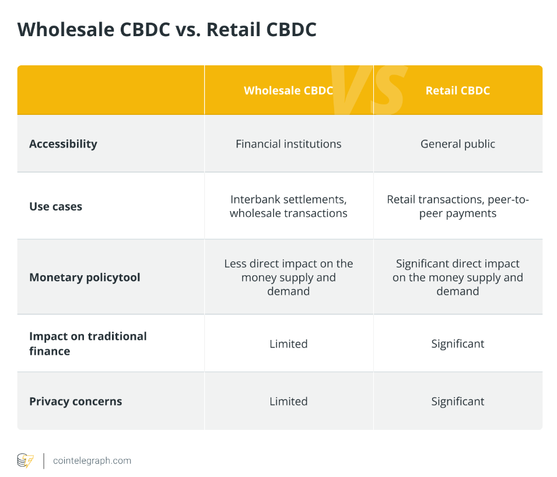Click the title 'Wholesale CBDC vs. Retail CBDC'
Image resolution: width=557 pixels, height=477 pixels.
[167, 30]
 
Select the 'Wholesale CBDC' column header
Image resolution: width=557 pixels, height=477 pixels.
[289, 90]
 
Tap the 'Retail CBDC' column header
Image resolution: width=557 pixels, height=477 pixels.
[457, 90]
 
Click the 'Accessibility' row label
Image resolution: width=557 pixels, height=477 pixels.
[63, 144]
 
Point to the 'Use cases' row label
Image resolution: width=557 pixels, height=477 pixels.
[56, 206]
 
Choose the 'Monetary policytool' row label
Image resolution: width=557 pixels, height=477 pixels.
[85, 278]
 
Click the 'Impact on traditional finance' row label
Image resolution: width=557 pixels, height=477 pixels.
[88, 343]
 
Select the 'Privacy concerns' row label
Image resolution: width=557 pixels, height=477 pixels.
[76, 401]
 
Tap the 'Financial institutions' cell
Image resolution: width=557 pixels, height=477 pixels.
[289, 144]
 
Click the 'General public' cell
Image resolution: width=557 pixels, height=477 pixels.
[457, 144]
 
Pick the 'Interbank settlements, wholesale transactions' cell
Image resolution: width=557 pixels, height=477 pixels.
[289, 206]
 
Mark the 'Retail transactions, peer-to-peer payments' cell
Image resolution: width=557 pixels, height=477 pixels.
[457, 206]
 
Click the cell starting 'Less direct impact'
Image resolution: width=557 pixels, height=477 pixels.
[289, 278]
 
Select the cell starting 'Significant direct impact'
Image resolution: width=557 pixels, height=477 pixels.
[457, 278]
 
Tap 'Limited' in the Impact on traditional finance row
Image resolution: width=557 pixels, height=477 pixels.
[289, 344]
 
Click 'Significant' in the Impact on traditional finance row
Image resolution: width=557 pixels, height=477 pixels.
[457, 344]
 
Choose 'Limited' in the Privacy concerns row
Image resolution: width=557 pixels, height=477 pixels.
[289, 401]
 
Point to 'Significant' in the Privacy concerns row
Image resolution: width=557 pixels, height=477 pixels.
[457, 401]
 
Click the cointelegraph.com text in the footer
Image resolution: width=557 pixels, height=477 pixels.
[92, 461]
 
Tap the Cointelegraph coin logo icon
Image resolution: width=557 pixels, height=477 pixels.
[26, 461]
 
